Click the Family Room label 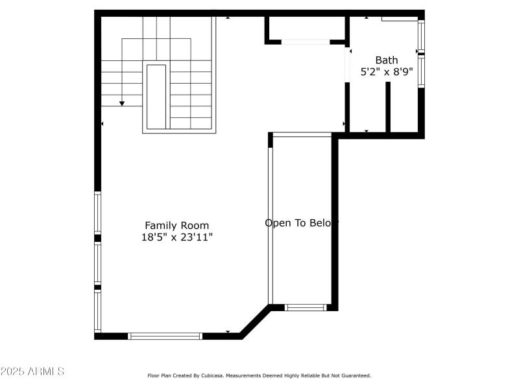176,226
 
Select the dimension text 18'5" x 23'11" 176,237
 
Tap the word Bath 387,60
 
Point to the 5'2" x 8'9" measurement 387,72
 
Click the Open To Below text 302,223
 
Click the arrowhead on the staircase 122,103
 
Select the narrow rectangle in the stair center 156,97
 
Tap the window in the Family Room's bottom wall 165,336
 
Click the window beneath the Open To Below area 306,307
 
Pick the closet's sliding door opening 306,42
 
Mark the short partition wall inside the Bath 388,108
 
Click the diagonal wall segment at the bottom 255,322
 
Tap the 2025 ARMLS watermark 32,371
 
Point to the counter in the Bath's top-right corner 399,18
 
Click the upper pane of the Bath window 421,36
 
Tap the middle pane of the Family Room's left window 98,263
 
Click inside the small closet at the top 306,28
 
